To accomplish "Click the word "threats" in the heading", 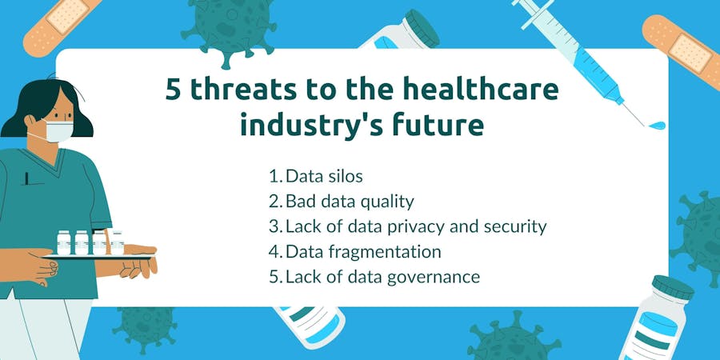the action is [243, 90].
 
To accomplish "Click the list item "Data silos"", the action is [315, 176].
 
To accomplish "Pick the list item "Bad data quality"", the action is [341, 201].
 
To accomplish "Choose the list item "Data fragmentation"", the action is [354, 252].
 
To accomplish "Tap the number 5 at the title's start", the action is [173, 90].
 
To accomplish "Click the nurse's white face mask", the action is [58, 131].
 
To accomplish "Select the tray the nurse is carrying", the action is [98, 256].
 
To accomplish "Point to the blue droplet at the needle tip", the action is [658, 125].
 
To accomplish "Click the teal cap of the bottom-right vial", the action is [673, 287].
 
